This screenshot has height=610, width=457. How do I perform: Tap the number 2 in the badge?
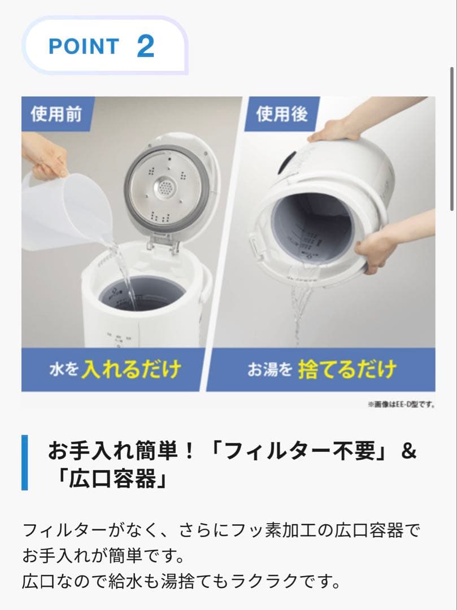coord(145,46)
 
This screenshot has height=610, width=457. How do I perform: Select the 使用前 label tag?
coord(56,115)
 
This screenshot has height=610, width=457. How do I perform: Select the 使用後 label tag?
coord(282,115)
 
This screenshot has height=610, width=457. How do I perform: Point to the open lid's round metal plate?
coord(165,186)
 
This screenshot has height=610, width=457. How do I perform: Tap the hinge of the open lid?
coord(164,245)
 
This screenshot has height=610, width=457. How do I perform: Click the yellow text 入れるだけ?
coord(131,370)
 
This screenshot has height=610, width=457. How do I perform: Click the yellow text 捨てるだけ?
coord(347,370)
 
